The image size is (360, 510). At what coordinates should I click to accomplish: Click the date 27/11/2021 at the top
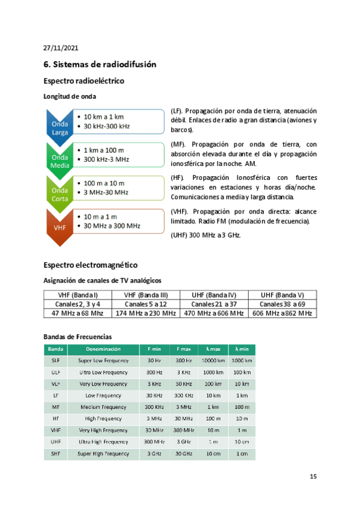pyautogui.click(x=61, y=48)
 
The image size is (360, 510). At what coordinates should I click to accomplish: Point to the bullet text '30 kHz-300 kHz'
pyautogui.click(x=107, y=126)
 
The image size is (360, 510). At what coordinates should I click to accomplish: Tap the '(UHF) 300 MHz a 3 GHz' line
pyautogui.click(x=206, y=235)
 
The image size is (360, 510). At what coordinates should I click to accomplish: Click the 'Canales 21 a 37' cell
pyautogui.click(x=215, y=304)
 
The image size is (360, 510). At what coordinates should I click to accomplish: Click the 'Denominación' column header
pyautogui.click(x=103, y=349)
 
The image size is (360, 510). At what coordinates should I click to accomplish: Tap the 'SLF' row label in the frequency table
pyautogui.click(x=55, y=360)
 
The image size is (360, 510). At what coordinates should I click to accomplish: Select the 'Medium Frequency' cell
pyautogui.click(x=103, y=407)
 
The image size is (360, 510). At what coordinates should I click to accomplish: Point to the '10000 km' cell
pyautogui.click(x=213, y=360)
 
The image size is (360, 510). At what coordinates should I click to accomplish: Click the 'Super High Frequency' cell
pyautogui.click(x=103, y=453)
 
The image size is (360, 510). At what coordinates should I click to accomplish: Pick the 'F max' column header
pyautogui.click(x=183, y=349)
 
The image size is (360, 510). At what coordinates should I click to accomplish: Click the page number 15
pyautogui.click(x=313, y=477)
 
